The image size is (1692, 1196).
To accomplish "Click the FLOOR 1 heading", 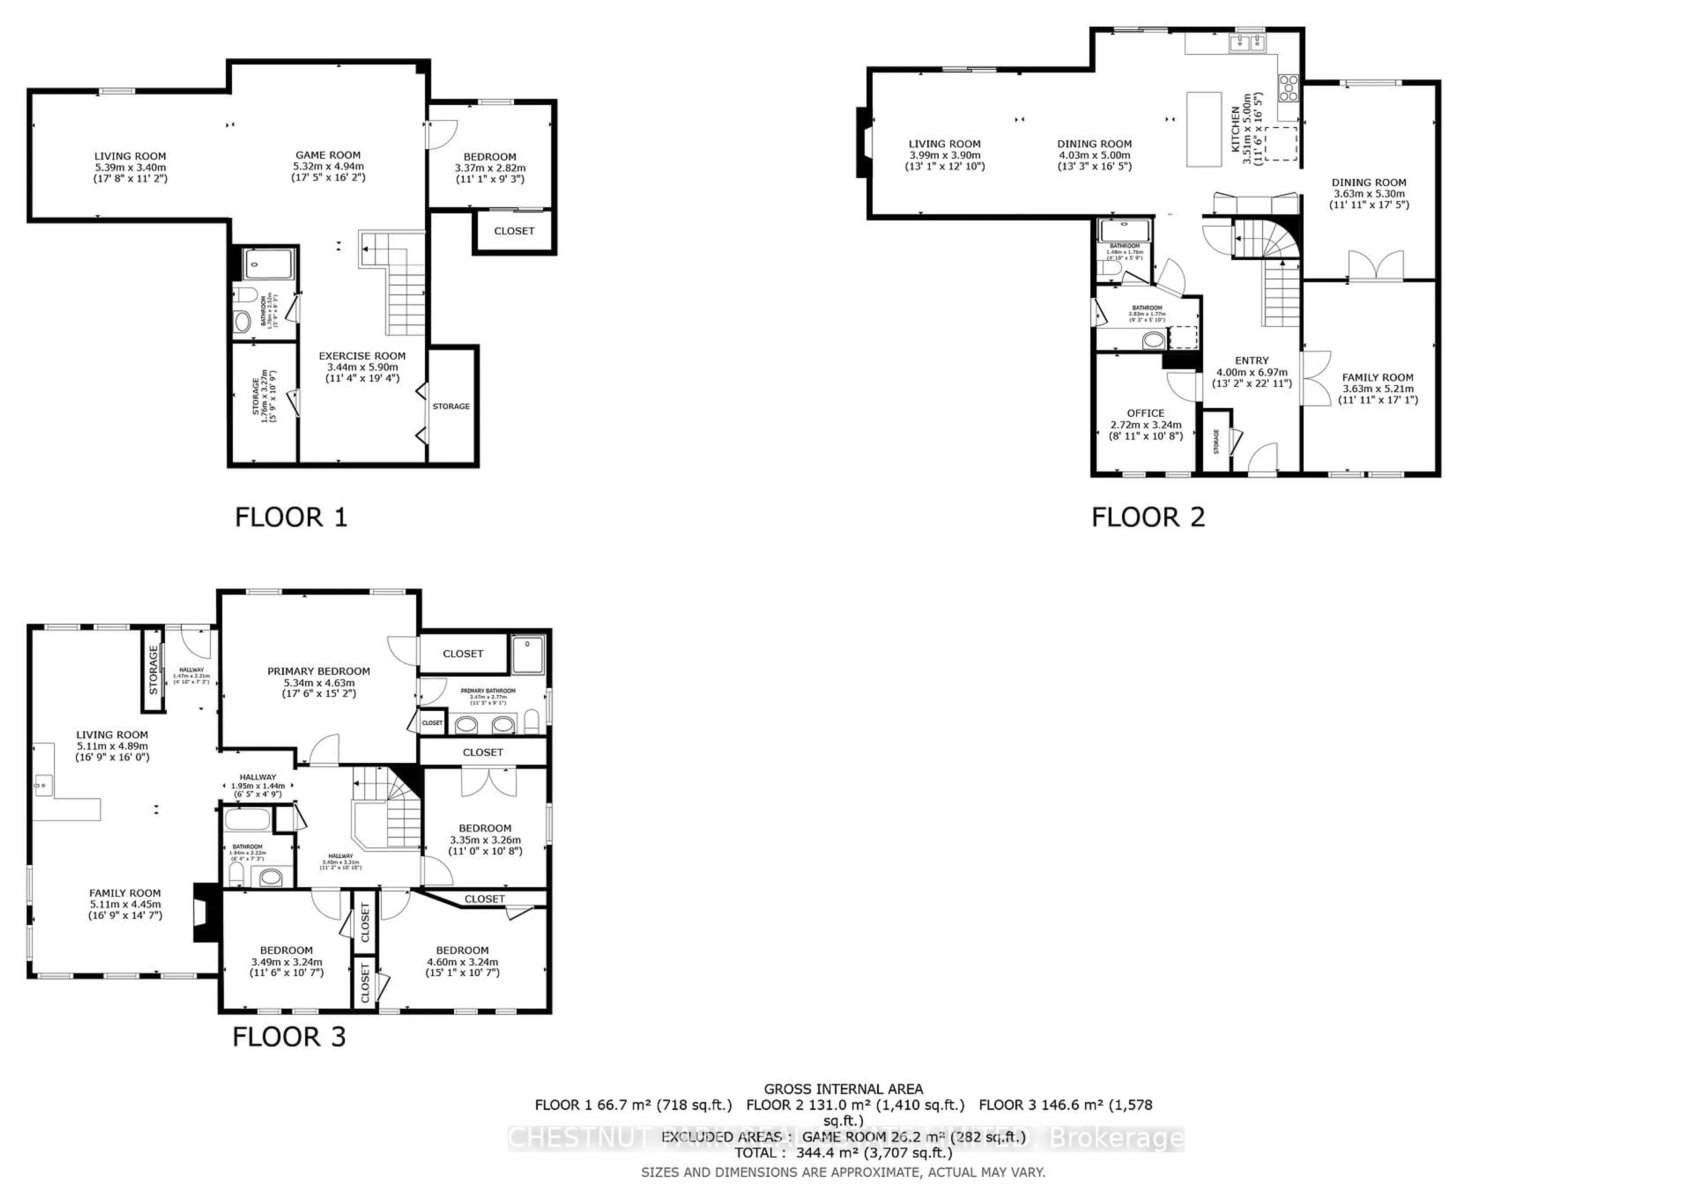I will tap(290, 518).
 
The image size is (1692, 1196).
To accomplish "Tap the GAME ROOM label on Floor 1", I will tap(328, 155).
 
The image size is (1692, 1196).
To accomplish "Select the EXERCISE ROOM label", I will tap(362, 356).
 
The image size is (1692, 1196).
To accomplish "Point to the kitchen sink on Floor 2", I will tap(1247, 44).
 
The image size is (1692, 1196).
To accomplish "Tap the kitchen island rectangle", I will tap(1203, 129).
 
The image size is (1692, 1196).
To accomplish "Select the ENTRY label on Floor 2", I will tap(1251, 361).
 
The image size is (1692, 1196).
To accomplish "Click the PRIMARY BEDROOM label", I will tap(319, 672).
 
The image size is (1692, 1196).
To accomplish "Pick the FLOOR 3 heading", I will tap(289, 1037).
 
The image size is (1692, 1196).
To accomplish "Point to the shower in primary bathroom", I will tap(527, 655).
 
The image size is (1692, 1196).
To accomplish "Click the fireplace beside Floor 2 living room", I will tap(861, 143).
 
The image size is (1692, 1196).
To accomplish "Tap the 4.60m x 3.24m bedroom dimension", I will tap(462, 962).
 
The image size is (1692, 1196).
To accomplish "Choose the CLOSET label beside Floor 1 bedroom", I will tap(514, 231).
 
